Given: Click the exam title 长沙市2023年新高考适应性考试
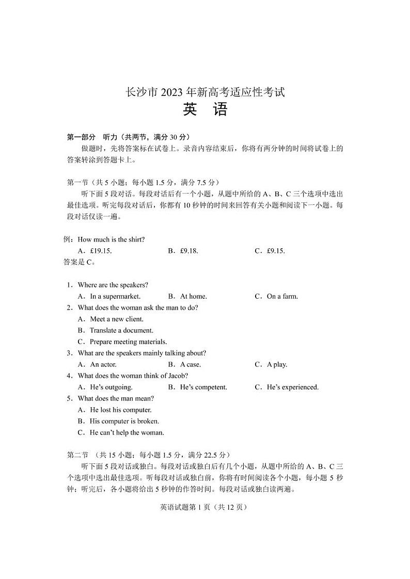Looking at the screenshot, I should tap(205, 93).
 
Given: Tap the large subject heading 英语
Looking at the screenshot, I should tap(205, 111).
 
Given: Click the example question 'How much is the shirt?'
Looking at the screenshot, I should tap(111, 239).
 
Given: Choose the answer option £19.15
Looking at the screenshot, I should tap(95, 251).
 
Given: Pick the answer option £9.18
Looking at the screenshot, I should tap(183, 251).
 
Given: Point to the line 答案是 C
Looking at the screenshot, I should tap(76, 262).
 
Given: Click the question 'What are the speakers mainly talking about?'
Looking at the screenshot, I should tap(141, 353).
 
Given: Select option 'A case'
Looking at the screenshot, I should tap(184, 364).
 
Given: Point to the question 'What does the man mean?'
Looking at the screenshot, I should tap(116, 398).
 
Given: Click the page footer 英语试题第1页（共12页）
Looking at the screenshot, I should tap(204, 507).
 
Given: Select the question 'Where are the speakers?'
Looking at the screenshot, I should tap(113, 285).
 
